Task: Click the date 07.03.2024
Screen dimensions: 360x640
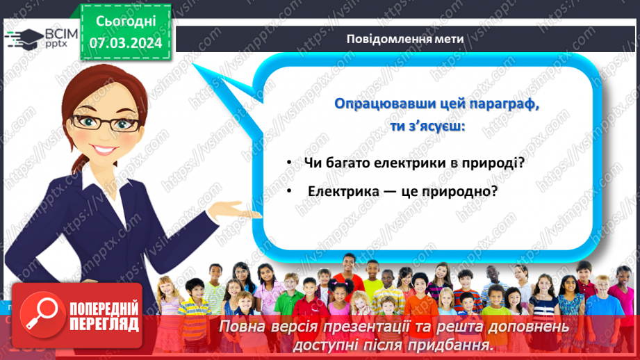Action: click(125, 43)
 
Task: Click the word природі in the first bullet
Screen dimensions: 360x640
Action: click(494, 163)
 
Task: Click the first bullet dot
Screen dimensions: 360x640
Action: click(290, 163)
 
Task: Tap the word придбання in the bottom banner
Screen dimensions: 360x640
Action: click(454, 344)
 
